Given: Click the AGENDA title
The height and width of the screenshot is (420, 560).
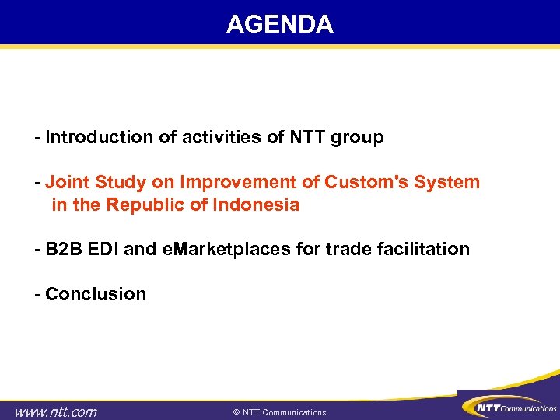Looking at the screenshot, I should (x=279, y=24).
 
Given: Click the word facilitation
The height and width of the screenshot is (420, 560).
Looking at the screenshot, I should (x=421, y=250).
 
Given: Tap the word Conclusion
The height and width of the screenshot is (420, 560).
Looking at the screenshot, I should (x=96, y=294).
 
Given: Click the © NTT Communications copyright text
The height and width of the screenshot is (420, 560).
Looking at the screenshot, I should (x=280, y=412).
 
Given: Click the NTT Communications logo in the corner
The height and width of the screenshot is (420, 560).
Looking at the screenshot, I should (x=509, y=407).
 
